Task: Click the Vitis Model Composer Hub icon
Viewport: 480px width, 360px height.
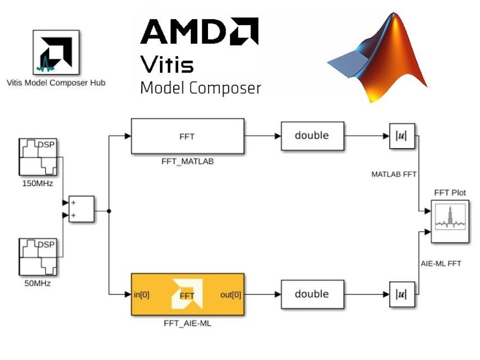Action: tap(56, 52)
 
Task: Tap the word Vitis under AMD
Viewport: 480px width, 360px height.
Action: tap(166, 64)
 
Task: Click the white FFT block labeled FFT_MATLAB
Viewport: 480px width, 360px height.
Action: tap(187, 136)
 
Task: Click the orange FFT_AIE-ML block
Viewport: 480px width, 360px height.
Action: tap(187, 294)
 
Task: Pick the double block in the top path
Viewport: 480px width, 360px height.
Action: tap(312, 135)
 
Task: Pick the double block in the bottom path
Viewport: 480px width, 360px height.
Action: tap(312, 294)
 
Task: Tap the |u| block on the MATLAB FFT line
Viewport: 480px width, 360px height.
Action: tap(402, 136)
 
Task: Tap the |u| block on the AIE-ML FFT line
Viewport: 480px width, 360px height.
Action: tap(402, 294)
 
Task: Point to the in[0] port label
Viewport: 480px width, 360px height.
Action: tap(141, 294)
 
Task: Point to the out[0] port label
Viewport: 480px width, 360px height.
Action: tap(230, 294)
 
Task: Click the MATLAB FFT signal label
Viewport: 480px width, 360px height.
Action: tap(394, 174)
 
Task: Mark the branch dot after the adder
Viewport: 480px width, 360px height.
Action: tap(109, 211)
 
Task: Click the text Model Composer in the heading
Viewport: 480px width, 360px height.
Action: tap(200, 88)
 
